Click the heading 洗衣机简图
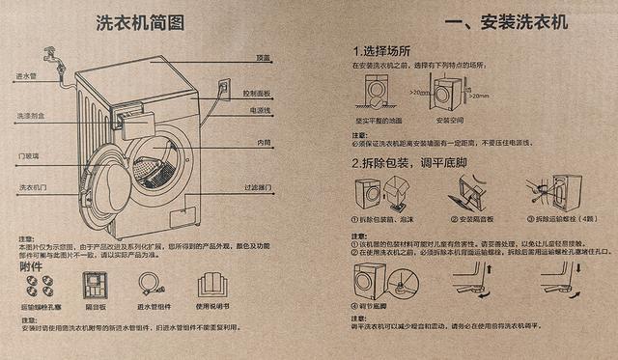140,23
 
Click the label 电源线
259,111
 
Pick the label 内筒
263,143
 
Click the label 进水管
27,75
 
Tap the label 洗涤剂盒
30,116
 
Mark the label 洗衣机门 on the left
32,185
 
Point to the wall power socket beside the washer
223,89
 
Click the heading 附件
31,265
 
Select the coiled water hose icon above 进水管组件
150,284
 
